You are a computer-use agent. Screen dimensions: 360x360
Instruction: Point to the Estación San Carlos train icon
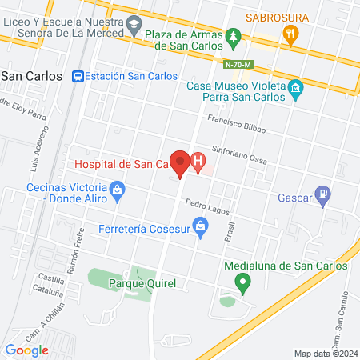(x=78, y=76)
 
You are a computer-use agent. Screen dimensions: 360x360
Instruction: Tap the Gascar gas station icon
(x=323, y=193)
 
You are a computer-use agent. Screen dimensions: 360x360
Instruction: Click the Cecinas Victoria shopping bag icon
(x=118, y=190)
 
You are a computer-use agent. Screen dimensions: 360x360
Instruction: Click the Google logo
(x=26, y=350)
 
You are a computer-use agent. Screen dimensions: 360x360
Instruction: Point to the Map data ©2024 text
(x=323, y=354)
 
